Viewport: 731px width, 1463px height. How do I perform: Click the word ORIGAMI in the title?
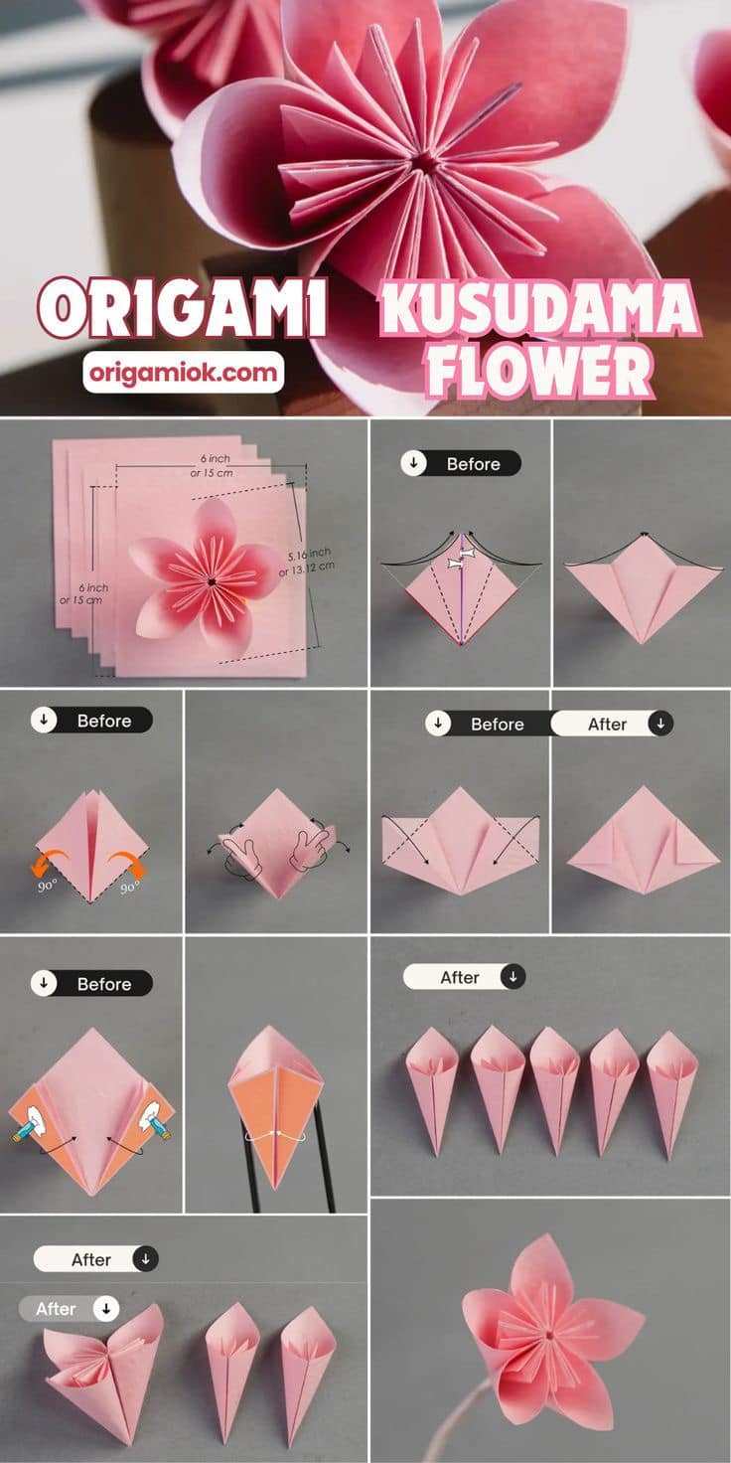[182, 308]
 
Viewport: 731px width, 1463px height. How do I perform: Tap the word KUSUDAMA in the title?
[539, 309]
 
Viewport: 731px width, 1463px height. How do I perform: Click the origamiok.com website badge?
[184, 373]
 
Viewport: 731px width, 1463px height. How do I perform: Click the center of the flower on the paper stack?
[211, 580]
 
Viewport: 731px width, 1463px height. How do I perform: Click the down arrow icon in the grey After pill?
[105, 1309]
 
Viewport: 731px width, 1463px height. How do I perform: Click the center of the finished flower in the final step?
[549, 1335]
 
